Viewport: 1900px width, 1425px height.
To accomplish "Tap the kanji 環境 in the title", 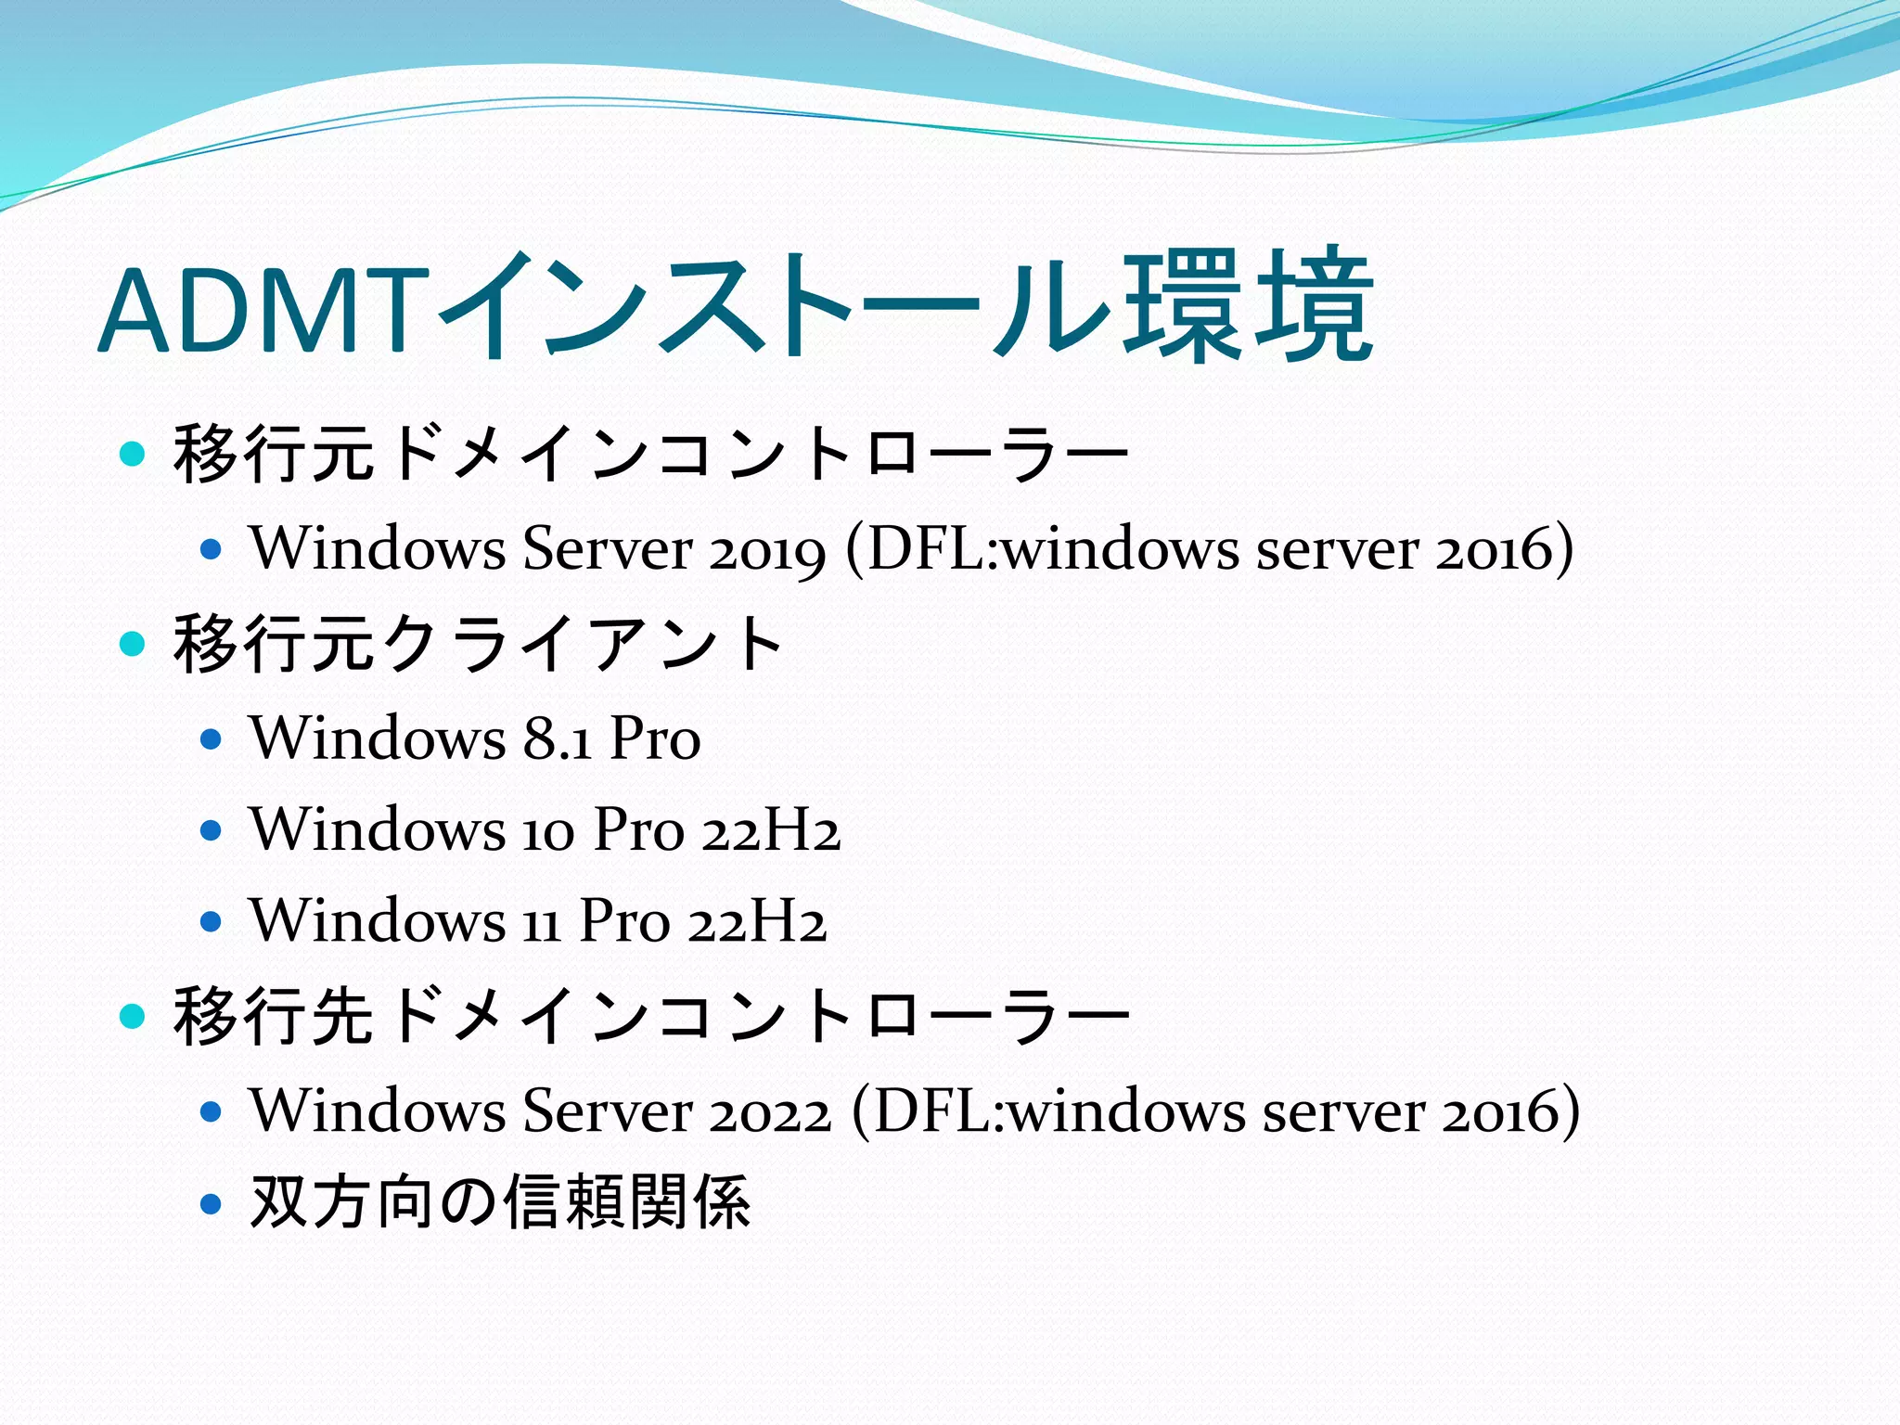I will pos(1247,306).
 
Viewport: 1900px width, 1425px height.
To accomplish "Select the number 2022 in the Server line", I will pos(770,1110).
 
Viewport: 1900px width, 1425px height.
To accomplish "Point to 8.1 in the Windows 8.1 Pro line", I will pos(557,738).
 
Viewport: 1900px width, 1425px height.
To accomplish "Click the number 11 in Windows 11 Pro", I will pos(543,922).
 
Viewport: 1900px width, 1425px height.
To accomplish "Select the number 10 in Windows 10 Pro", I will pos(548,830).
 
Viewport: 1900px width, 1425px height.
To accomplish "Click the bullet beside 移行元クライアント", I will pos(134,643).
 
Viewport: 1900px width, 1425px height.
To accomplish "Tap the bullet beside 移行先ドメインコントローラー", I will pos(134,1016).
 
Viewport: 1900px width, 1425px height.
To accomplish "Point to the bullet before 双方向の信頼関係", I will pos(212,1203).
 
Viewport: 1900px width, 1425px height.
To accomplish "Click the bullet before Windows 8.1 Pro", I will pos(212,739).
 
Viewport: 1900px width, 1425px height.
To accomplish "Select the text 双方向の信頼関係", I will pos(500,1201).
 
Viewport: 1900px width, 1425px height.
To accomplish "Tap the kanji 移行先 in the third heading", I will pos(273,1016).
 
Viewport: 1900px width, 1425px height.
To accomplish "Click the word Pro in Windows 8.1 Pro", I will pos(654,738).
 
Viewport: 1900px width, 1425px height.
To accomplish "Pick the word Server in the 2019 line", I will pos(607,549).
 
